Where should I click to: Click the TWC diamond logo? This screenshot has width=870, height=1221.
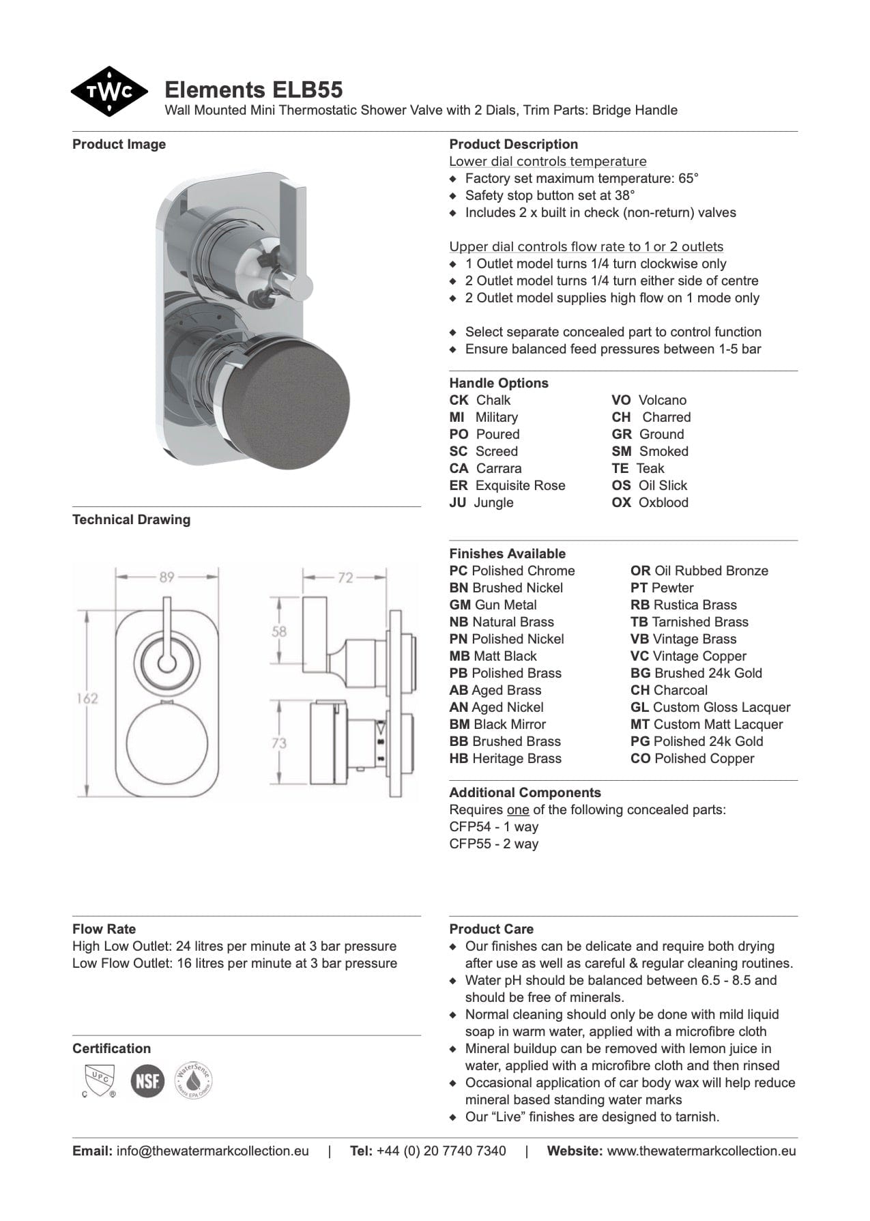tap(108, 91)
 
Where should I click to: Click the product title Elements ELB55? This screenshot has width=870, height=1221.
tap(253, 90)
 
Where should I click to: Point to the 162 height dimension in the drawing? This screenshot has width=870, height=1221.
tap(87, 698)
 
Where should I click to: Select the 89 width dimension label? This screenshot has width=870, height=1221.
tap(167, 577)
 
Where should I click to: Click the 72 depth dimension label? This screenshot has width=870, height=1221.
tap(345, 577)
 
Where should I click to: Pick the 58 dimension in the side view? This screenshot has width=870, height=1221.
tap(279, 631)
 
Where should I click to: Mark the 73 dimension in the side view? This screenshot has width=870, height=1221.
tap(279, 743)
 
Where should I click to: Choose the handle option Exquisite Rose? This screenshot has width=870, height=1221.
tap(507, 485)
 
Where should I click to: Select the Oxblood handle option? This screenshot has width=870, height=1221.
tap(650, 502)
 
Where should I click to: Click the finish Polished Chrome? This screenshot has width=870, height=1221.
tap(512, 571)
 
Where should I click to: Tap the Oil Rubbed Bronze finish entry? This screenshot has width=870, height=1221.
tap(699, 571)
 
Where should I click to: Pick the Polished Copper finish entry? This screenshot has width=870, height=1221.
tap(692, 758)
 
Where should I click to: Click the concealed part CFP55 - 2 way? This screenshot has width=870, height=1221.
tap(494, 844)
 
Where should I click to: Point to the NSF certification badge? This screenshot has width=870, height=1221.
tap(147, 1081)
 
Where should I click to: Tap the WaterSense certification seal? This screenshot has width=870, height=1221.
tap(194, 1080)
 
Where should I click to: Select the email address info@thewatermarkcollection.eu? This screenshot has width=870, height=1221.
tap(212, 1151)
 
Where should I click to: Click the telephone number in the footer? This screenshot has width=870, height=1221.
tap(441, 1151)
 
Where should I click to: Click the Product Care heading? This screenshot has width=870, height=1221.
tap(491, 929)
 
